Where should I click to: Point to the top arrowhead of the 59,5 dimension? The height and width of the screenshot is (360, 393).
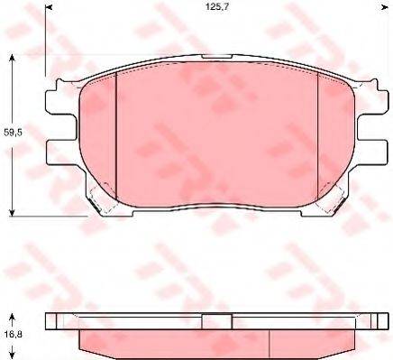13,59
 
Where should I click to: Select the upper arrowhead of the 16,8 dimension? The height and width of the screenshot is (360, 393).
13,318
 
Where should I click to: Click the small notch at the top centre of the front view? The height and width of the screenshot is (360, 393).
216,60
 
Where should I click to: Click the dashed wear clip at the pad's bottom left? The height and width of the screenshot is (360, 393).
101,203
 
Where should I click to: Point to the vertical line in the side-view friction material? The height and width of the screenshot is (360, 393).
274,341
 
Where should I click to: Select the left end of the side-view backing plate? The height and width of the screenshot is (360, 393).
51,320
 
